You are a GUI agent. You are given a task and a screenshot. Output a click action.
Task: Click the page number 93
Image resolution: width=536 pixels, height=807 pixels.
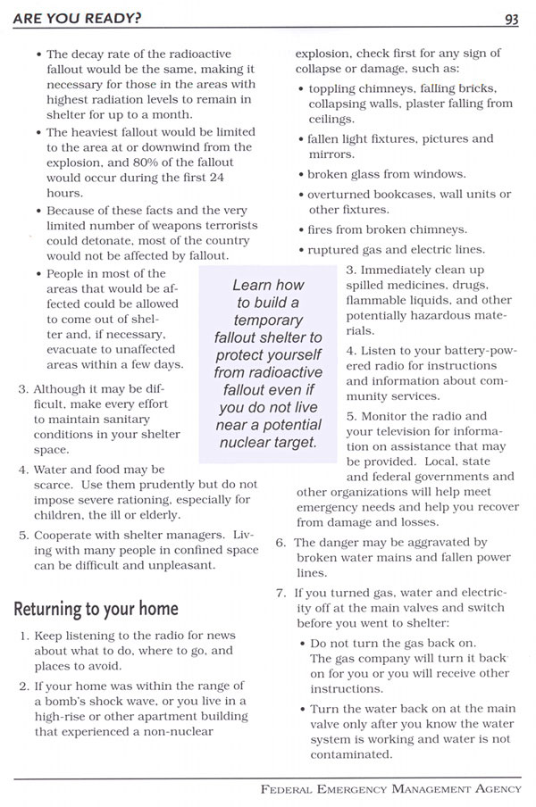[x=512, y=19]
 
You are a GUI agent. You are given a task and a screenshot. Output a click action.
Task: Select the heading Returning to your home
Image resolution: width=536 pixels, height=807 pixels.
[x=96, y=609]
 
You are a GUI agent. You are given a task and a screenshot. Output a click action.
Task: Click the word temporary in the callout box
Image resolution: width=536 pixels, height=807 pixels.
[x=268, y=320]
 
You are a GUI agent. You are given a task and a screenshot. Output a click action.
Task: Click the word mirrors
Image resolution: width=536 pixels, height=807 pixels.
[x=331, y=154]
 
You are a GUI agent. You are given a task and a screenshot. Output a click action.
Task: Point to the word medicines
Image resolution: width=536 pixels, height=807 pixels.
[x=411, y=286]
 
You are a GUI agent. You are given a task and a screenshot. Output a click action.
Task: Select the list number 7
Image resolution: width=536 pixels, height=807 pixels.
[x=281, y=593]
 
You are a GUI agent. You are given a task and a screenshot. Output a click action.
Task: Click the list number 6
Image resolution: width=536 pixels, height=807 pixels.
[x=281, y=542]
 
